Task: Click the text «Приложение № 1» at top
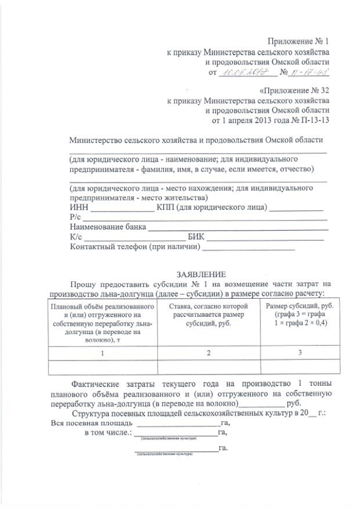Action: pyautogui.click(x=299, y=40)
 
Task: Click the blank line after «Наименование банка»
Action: pyautogui.click(x=236, y=228)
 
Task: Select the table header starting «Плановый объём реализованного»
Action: pyautogui.click(x=102, y=320)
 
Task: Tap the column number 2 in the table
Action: pyautogui.click(x=208, y=353)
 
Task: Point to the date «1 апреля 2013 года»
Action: pyautogui.click(x=259, y=120)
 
